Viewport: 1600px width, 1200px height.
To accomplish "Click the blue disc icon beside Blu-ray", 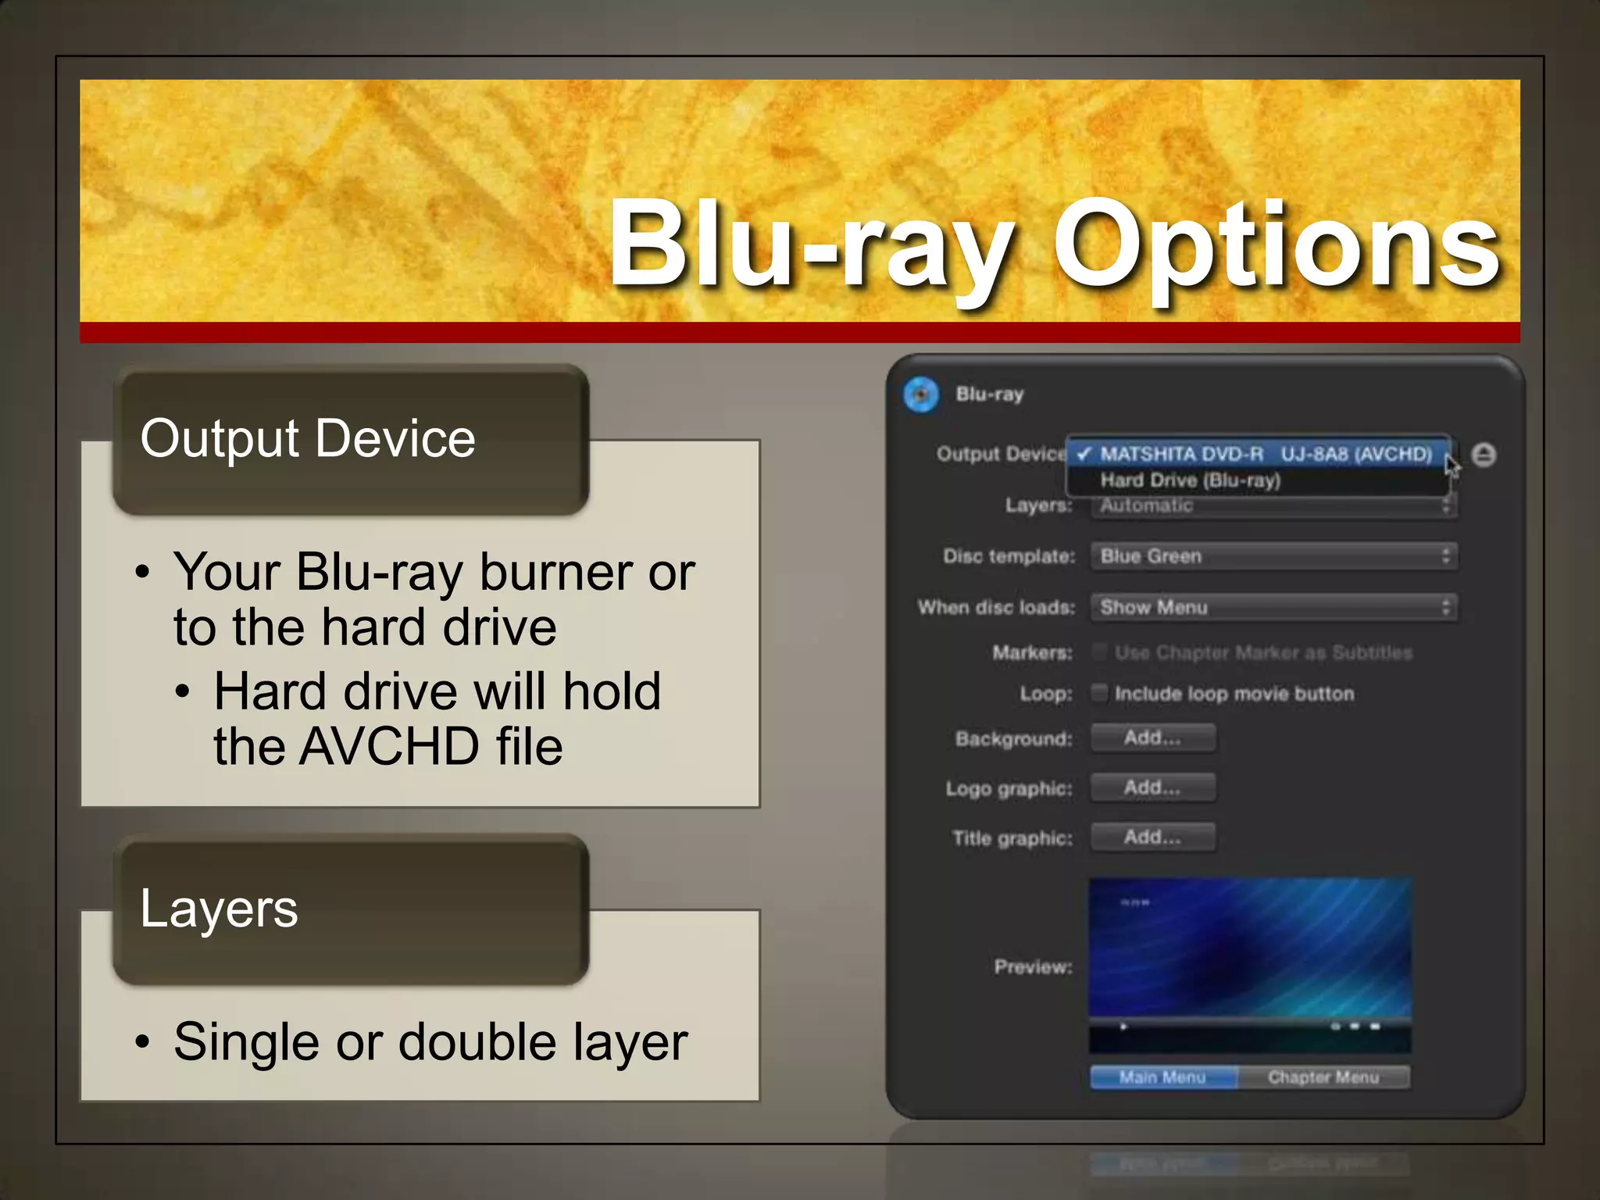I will click(921, 395).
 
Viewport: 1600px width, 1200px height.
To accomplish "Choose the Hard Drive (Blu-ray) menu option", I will click(1190, 480).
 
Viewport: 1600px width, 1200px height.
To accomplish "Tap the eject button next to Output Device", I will click(1483, 455).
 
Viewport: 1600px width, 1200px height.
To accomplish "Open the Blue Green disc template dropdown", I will click(1273, 556).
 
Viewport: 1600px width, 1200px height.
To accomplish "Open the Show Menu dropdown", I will click(1273, 607).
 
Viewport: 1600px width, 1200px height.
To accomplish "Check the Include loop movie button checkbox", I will click(1099, 693).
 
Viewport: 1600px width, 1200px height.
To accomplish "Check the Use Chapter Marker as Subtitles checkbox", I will click(1099, 652).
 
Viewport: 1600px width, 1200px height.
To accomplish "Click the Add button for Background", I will click(1152, 737).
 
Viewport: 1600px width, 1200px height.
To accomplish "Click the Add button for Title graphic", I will click(1152, 837).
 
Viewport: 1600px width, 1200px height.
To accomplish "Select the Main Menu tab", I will click(1162, 1077).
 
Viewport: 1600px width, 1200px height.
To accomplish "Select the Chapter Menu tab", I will click(1323, 1077).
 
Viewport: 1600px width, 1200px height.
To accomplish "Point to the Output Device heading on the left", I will click(308, 438).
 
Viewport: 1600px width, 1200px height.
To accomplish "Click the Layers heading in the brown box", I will click(219, 909).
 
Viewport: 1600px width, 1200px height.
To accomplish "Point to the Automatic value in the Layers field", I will click(1146, 505).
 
